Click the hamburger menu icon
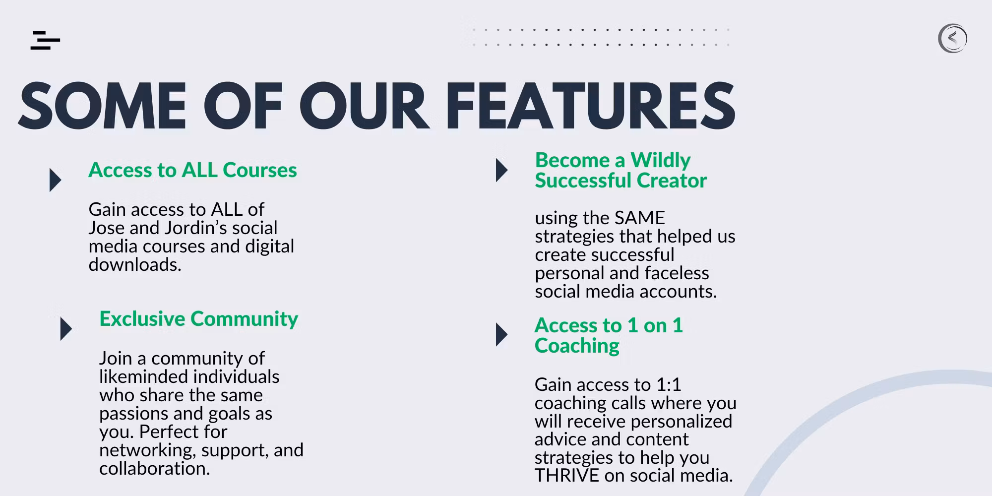[x=45, y=40]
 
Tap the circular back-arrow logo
[x=952, y=38]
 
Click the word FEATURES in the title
[x=590, y=106]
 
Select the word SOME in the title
[x=103, y=106]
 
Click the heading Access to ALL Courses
[x=192, y=170]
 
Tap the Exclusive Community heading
[x=198, y=319]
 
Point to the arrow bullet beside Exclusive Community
[x=66, y=329]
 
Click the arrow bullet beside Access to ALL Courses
[x=55, y=180]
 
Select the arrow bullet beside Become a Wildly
[x=502, y=170]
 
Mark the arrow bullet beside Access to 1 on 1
[x=502, y=335]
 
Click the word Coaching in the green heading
[x=577, y=346]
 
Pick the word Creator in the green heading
[x=672, y=181]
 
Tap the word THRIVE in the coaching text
[x=567, y=476]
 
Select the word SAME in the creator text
[x=639, y=218]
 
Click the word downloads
[x=135, y=265]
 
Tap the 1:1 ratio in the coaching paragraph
[x=669, y=385]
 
